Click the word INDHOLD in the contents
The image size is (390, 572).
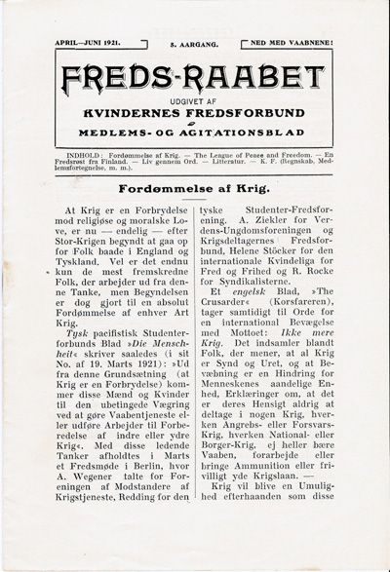85,154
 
